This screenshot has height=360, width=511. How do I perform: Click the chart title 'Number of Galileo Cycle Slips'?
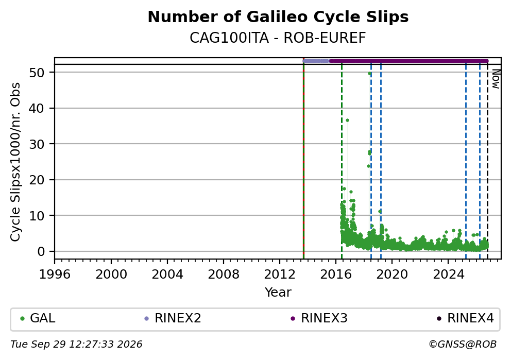(278, 17)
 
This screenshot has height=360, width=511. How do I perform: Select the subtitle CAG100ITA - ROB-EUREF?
(278, 38)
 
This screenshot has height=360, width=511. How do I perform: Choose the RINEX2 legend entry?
(173, 318)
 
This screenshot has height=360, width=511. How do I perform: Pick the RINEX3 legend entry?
(319, 318)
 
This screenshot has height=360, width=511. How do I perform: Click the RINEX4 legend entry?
(465, 318)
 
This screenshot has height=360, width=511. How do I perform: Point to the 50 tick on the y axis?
(37, 72)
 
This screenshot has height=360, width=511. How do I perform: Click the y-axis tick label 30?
(37, 144)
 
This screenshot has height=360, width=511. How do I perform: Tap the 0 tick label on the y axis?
(41, 251)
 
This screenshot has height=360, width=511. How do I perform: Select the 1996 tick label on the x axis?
(55, 275)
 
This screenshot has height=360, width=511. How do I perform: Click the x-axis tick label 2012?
(280, 275)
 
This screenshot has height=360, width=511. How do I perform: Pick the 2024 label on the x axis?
(448, 275)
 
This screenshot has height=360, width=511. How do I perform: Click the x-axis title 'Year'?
(278, 292)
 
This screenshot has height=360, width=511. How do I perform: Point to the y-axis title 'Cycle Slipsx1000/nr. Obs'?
(15, 162)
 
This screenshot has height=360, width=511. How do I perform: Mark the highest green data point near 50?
(369, 73)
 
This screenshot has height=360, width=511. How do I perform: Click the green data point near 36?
(347, 120)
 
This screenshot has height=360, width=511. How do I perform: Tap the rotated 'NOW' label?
(496, 79)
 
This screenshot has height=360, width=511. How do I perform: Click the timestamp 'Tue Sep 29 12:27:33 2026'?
(76, 345)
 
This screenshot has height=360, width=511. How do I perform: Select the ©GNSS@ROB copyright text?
(463, 345)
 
